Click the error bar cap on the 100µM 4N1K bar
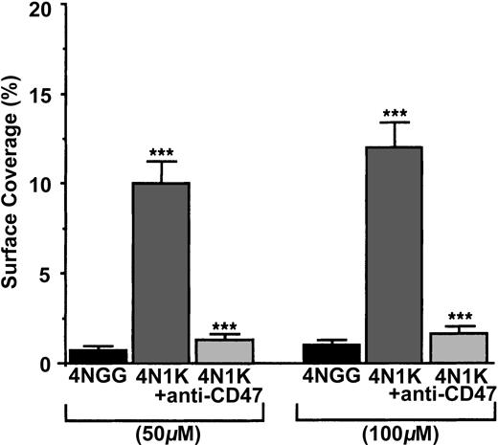[x=396, y=122]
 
